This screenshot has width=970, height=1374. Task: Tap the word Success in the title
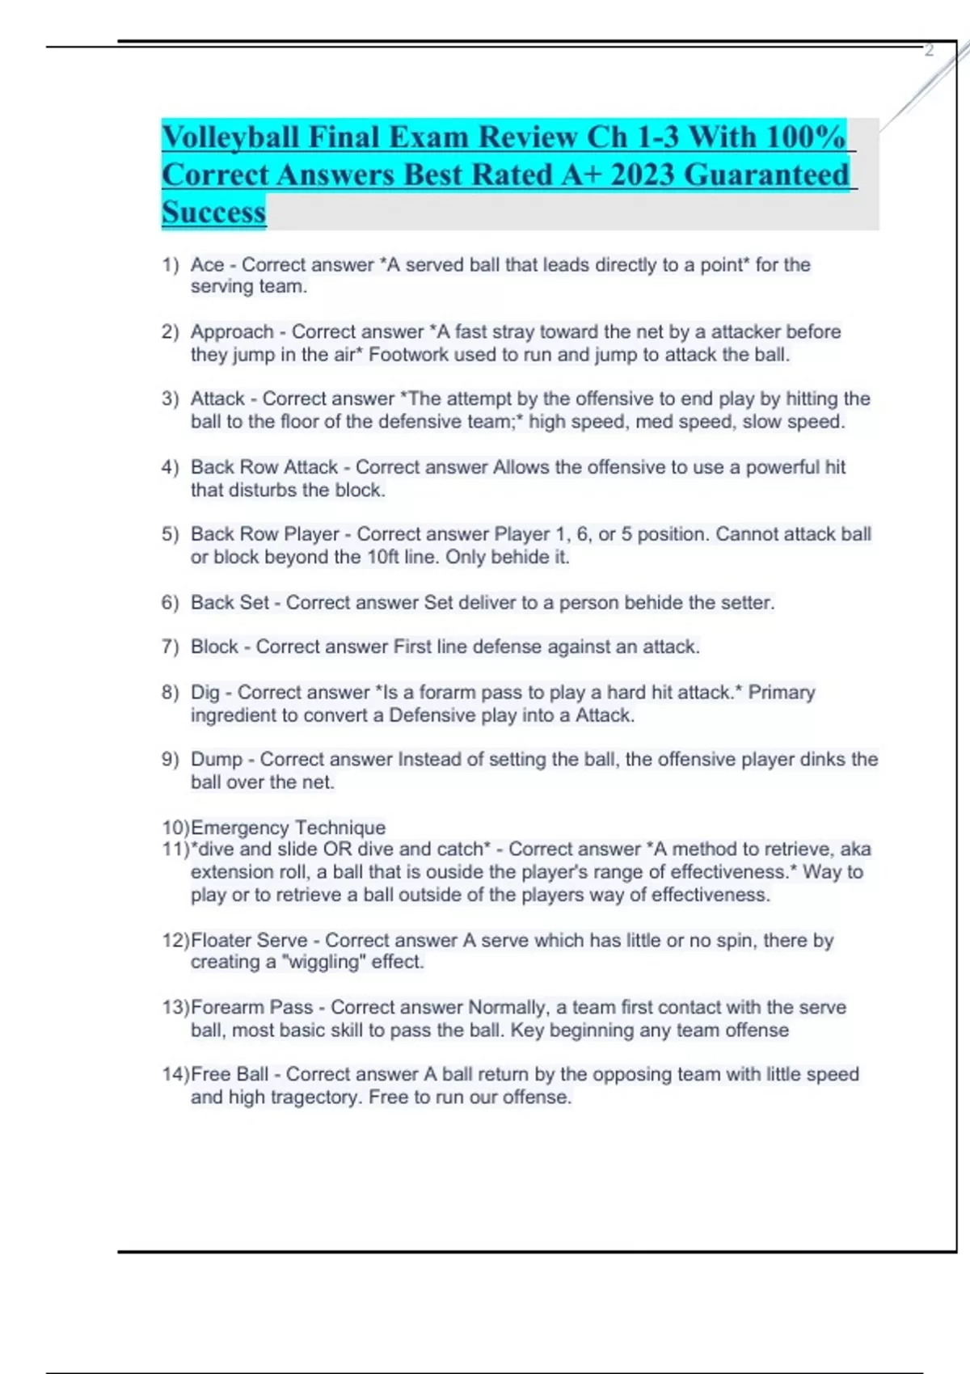(213, 212)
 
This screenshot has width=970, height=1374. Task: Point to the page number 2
(929, 50)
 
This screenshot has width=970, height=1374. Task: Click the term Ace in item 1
(207, 265)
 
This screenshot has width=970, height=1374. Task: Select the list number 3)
(170, 398)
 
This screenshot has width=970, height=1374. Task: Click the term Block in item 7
(214, 647)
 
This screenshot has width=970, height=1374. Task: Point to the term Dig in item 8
(205, 693)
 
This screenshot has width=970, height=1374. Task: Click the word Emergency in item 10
(240, 828)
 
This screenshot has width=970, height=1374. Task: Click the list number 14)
(175, 1074)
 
